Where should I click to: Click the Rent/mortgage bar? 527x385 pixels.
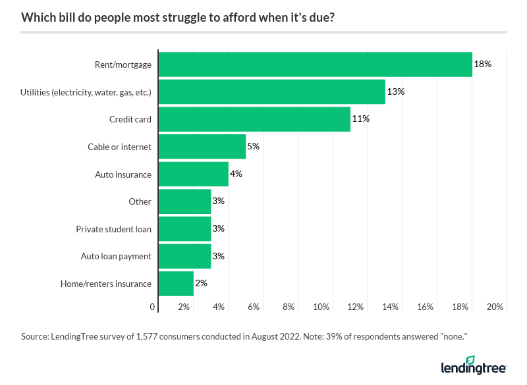coord(316,64)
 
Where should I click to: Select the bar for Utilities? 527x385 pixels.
coord(271,92)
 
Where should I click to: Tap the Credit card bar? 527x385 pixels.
coord(254,119)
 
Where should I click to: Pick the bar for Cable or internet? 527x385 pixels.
coord(202,147)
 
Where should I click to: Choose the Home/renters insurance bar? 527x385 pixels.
coord(176,284)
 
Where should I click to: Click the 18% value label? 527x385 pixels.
coord(483,64)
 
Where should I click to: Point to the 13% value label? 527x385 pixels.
coord(396,92)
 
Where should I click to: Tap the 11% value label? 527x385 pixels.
coord(361,119)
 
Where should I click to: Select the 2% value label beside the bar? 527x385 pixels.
coord(202,284)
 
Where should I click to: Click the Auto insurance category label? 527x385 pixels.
coord(123,174)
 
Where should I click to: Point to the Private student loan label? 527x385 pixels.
coord(113,229)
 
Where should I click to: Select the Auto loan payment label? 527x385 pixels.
coord(116,256)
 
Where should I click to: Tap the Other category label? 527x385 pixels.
coord(140,201)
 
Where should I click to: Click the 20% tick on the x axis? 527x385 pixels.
coord(495,307)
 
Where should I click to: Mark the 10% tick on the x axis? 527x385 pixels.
coord(321,307)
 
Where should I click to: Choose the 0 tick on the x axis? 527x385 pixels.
coord(153,307)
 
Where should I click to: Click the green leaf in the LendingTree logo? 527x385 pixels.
coord(470,360)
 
